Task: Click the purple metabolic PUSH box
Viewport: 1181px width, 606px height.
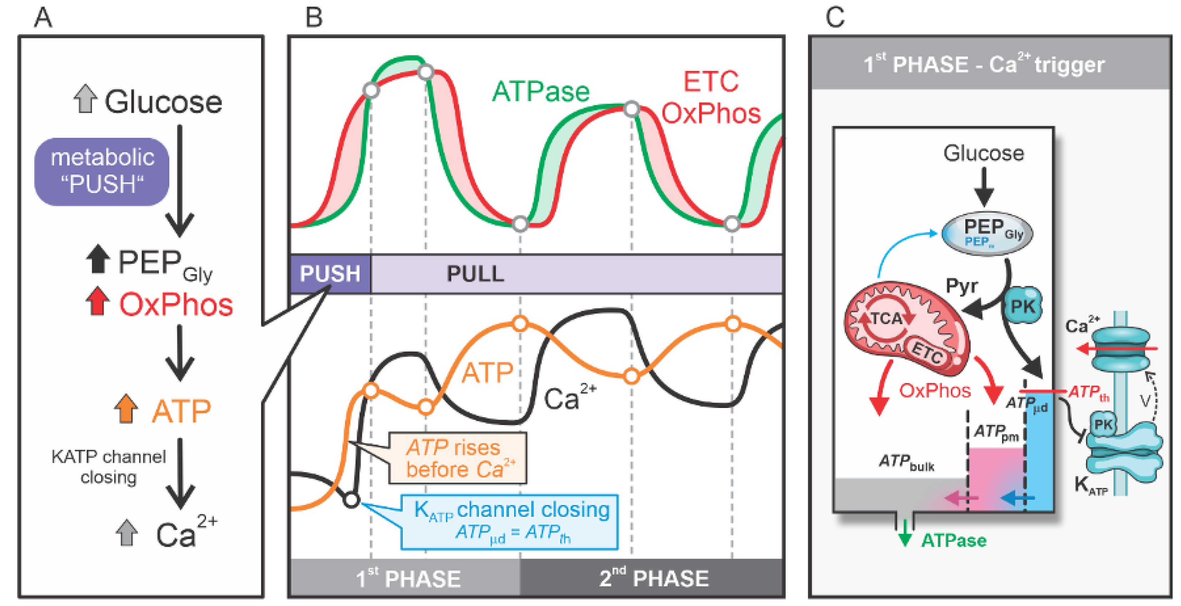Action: point(102,171)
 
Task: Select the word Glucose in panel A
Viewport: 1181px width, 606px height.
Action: point(163,102)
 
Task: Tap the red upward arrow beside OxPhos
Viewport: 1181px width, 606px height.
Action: point(97,301)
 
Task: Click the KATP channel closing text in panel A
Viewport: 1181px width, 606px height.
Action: point(109,467)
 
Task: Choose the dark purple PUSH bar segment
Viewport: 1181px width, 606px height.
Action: point(330,274)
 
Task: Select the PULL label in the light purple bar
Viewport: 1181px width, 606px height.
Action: point(476,274)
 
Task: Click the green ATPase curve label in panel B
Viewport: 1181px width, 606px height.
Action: point(541,92)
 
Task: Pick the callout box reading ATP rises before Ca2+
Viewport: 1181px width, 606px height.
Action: point(458,458)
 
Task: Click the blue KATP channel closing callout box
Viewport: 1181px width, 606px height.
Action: point(510,522)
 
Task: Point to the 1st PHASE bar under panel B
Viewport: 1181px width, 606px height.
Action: point(406,577)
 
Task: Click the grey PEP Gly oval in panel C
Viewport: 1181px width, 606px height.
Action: point(987,233)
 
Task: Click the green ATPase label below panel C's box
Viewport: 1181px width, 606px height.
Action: point(954,540)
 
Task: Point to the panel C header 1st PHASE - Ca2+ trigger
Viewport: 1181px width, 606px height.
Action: point(984,64)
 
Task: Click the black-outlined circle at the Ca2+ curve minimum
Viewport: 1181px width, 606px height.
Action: point(352,499)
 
